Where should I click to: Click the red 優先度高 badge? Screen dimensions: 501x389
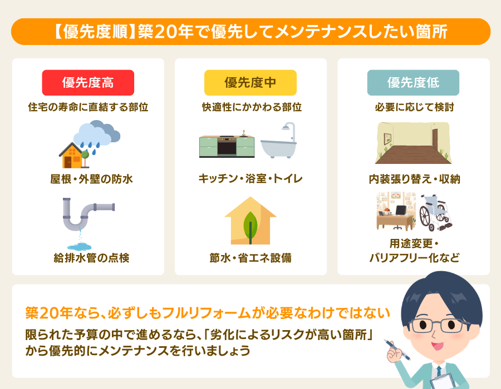coord(88,83)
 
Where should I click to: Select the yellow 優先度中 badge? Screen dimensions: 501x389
coord(250,83)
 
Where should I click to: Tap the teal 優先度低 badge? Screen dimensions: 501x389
coord(413,83)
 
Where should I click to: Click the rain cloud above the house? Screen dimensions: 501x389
coord(97,133)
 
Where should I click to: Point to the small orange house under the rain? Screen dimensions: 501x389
coord(72,155)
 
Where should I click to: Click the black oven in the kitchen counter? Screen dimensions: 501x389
coord(227,148)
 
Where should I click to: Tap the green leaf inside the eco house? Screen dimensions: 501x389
coord(250,222)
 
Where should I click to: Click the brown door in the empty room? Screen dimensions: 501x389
coord(434,142)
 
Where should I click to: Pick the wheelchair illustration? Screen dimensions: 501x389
coord(434,212)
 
